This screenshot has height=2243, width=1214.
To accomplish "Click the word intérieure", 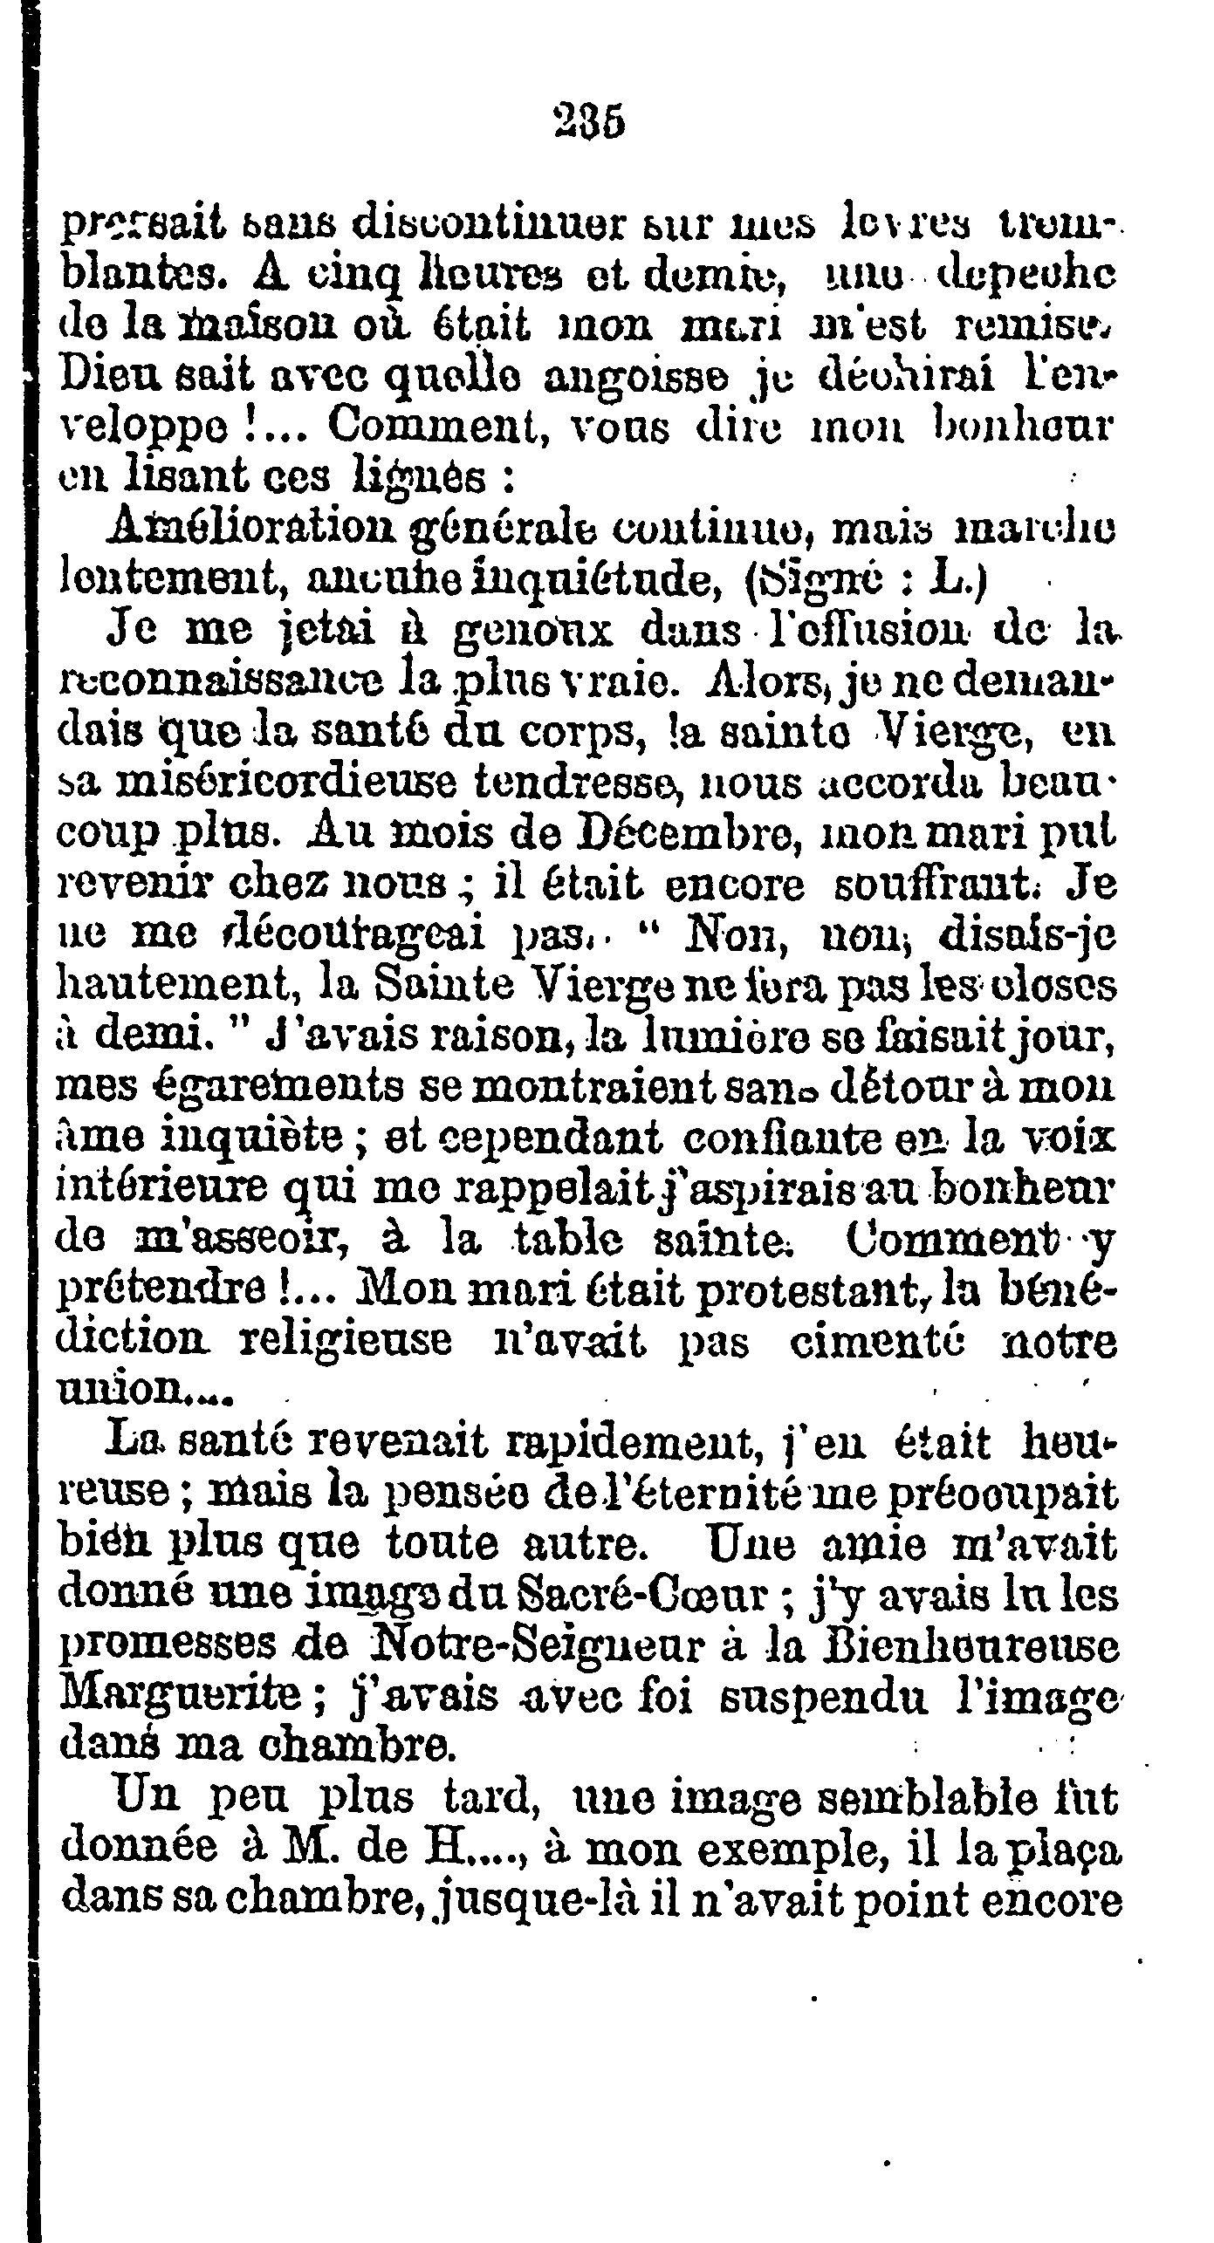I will click(173, 1188).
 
